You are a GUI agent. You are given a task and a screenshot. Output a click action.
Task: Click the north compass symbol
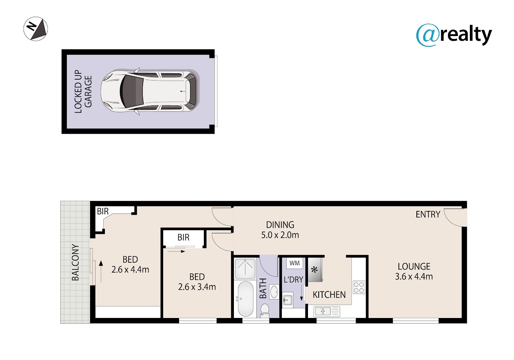36,29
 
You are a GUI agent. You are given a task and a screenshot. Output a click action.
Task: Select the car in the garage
150,91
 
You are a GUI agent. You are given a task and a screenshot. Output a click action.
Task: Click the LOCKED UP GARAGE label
83,92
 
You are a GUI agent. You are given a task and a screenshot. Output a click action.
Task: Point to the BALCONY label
75,262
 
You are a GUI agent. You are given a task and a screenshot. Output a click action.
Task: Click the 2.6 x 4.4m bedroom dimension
130,270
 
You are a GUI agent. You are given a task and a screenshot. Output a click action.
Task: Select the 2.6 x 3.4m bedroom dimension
197,287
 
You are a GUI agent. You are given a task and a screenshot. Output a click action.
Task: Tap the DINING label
280,225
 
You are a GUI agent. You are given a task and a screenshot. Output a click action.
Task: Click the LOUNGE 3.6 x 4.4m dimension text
414,276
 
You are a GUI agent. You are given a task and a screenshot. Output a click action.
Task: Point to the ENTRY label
428,214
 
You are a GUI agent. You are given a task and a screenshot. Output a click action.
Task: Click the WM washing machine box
294,263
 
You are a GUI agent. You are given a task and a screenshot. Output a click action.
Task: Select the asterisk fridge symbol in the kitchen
315,270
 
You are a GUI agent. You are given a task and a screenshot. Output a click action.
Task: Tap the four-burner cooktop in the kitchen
359,287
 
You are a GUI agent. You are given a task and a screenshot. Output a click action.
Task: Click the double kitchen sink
327,312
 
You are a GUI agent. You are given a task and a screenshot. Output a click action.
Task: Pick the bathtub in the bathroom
245,300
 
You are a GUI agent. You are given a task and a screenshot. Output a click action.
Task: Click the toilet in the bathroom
265,311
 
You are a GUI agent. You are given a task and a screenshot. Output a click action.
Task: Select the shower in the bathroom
245,269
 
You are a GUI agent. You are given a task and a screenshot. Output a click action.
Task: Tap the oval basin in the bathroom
274,291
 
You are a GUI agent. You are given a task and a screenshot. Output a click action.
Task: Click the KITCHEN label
329,295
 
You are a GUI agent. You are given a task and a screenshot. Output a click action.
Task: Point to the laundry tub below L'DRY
288,300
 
